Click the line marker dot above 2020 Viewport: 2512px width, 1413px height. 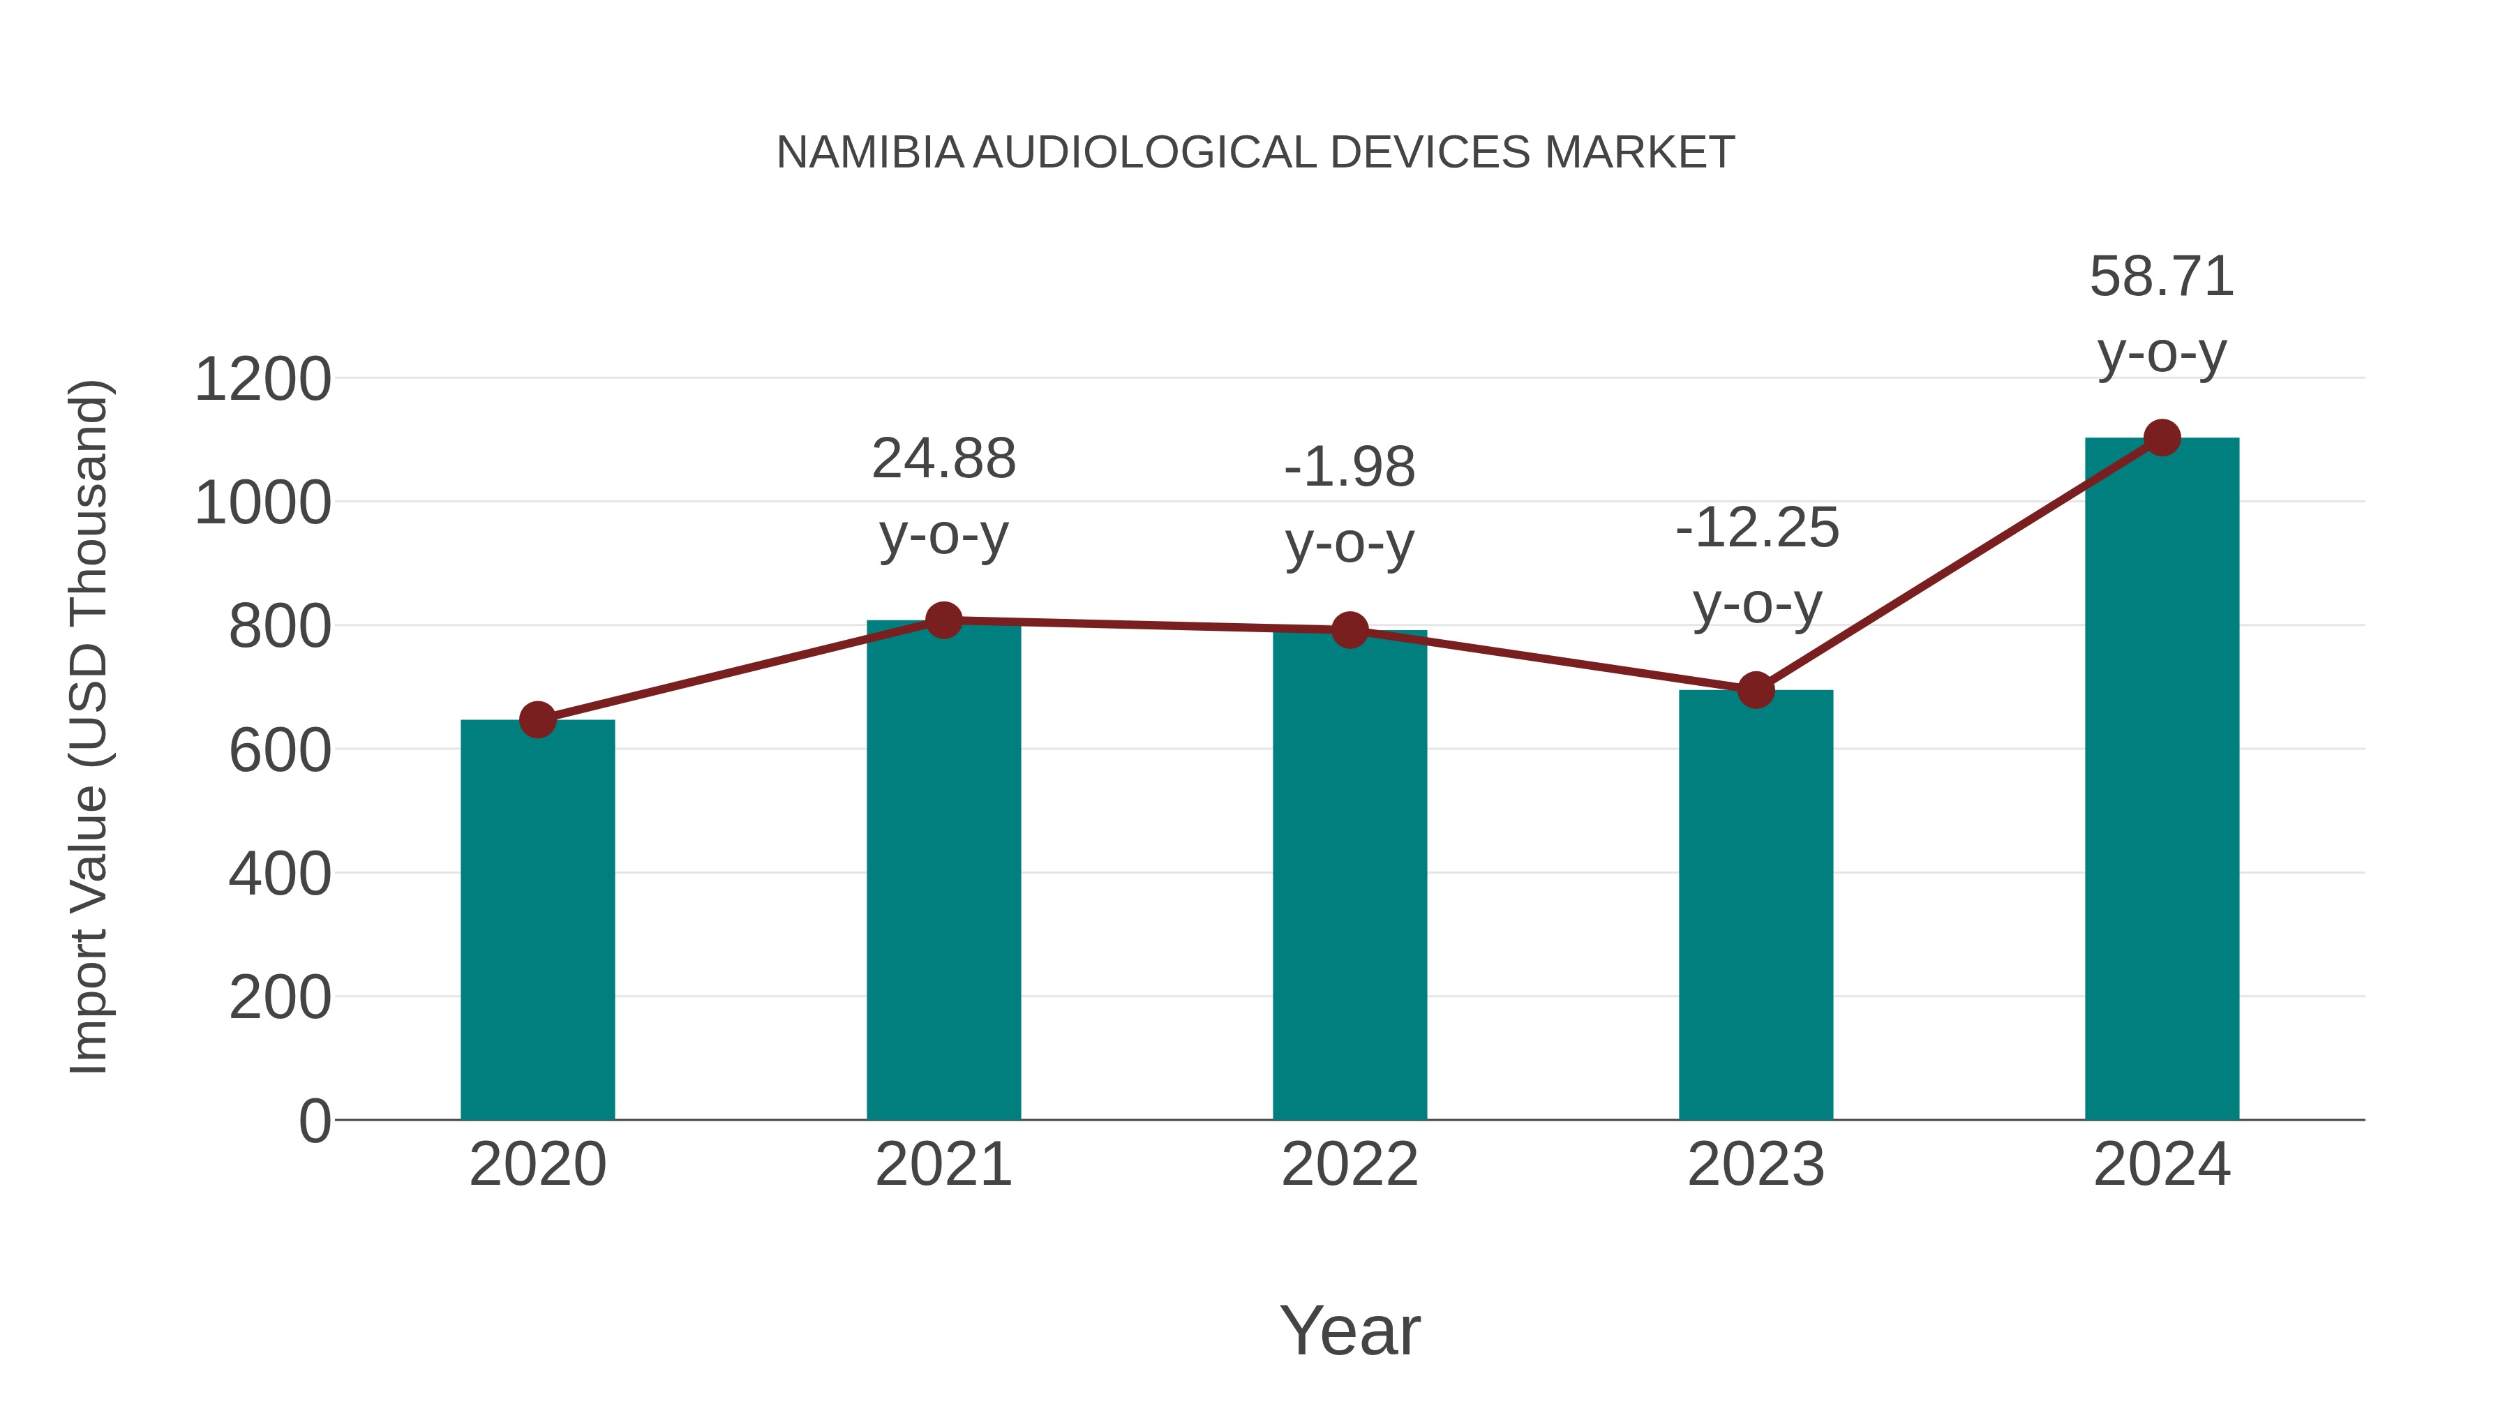(x=537, y=721)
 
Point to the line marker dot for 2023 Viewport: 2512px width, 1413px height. (x=1756, y=690)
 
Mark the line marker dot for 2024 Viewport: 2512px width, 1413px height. (x=2162, y=438)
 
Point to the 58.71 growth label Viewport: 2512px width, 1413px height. (x=2162, y=313)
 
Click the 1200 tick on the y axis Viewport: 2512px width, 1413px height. (x=262, y=380)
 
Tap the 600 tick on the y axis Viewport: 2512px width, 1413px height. (x=279, y=751)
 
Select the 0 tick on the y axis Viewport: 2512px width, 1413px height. (x=314, y=1121)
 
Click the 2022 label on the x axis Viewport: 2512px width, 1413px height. (x=1350, y=1165)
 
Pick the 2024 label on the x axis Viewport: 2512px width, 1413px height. (x=2162, y=1165)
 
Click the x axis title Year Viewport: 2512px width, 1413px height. (x=1350, y=1330)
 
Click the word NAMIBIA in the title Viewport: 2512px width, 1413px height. (x=870, y=153)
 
